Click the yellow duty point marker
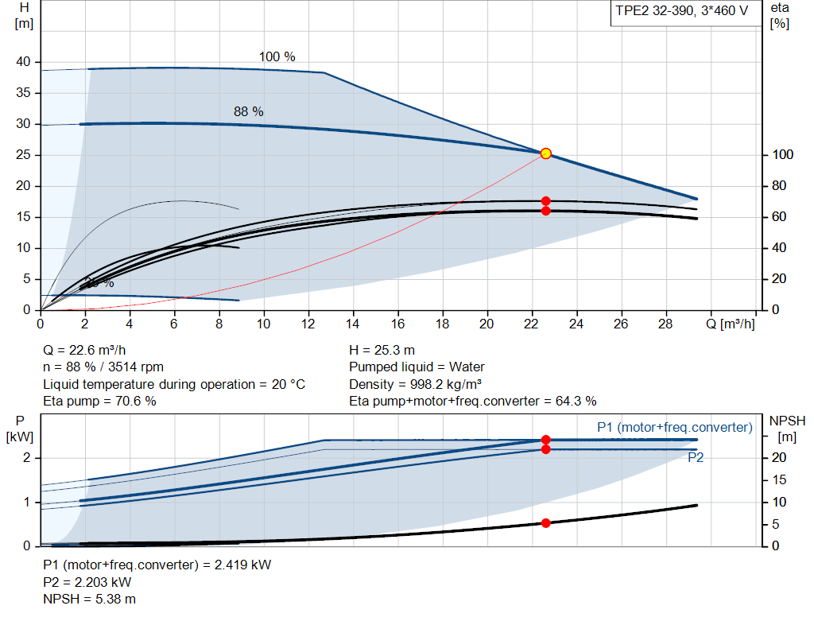[545, 153]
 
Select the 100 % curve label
[277, 57]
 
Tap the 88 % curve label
[248, 112]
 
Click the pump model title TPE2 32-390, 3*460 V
[681, 13]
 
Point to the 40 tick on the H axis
[23, 62]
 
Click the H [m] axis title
[24, 15]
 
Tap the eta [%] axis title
[779, 15]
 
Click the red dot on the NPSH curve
[545, 523]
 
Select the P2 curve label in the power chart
[696, 458]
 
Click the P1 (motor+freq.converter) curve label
[674, 428]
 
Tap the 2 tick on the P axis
[26, 458]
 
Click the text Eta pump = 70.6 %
[99, 401]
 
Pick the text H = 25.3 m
[382, 350]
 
